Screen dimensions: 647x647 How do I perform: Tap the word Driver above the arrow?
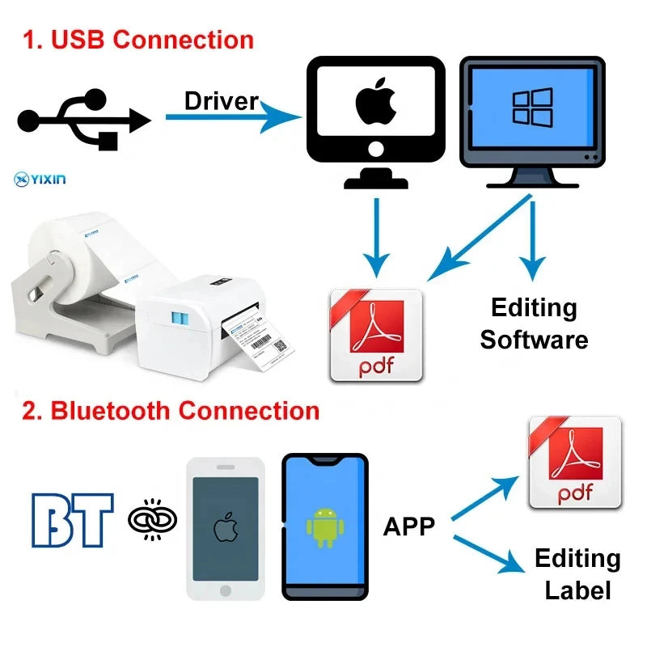tap(221, 101)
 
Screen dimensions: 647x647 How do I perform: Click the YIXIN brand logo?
tap(40, 175)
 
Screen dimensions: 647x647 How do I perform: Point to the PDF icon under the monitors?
tap(377, 336)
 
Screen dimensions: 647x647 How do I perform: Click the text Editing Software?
tap(534, 323)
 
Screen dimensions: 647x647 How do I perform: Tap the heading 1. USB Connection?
tap(138, 40)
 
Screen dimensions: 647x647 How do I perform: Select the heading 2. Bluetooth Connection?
tap(171, 410)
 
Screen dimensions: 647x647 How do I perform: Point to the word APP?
tap(408, 526)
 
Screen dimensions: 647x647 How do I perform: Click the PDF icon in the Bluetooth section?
tap(574, 463)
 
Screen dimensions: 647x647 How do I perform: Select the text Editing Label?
tap(577, 573)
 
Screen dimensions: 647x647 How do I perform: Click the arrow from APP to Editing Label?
tap(489, 555)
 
